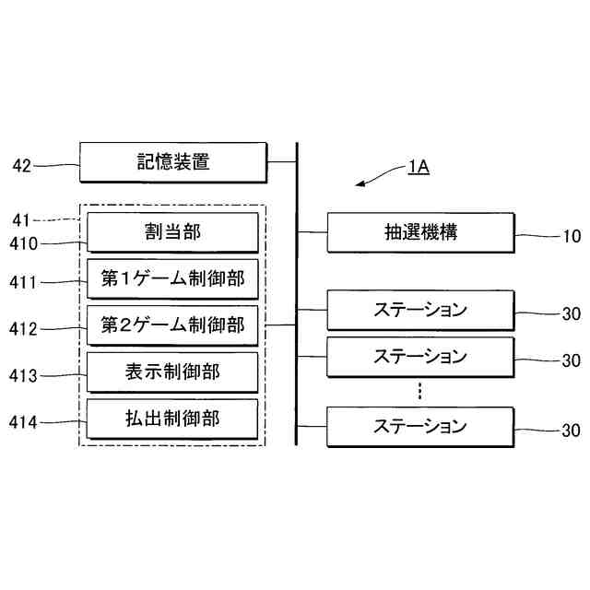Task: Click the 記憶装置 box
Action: (x=172, y=163)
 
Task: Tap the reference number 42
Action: (x=22, y=166)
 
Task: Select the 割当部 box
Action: (x=172, y=231)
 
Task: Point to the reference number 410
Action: (x=25, y=244)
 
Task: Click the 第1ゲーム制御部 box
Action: (x=172, y=278)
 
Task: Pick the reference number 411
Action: (x=25, y=282)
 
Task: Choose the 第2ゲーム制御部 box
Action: (x=172, y=325)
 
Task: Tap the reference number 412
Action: (x=25, y=328)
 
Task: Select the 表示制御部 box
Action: (x=172, y=372)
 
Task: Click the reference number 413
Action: (x=25, y=376)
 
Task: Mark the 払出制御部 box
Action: (x=172, y=419)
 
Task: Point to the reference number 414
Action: (x=25, y=423)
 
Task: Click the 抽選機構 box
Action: (x=420, y=232)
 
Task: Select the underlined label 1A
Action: (x=418, y=168)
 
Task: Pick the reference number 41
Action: (x=21, y=219)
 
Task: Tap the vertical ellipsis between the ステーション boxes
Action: (x=419, y=391)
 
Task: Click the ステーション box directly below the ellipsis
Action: (x=420, y=427)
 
